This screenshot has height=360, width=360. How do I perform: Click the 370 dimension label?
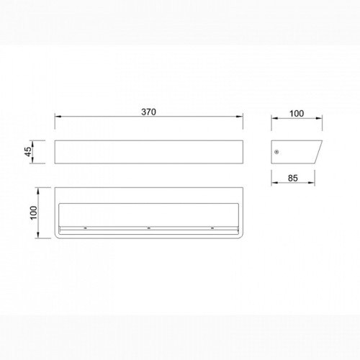coord(148,112)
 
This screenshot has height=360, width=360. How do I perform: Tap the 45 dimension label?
coord(28,152)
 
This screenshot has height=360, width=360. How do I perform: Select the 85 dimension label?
coord(293,179)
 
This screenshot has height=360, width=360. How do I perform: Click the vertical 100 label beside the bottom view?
coord(34,212)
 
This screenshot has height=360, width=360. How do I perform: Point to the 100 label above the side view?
coord(297,114)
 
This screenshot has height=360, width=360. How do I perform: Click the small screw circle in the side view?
coord(276,152)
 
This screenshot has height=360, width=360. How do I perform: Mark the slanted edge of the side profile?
coord(318,152)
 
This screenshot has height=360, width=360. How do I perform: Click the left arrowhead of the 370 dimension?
coord(58,117)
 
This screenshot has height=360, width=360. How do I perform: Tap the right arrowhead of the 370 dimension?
coord(240,117)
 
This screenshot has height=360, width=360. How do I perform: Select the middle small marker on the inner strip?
coord(149,228)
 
